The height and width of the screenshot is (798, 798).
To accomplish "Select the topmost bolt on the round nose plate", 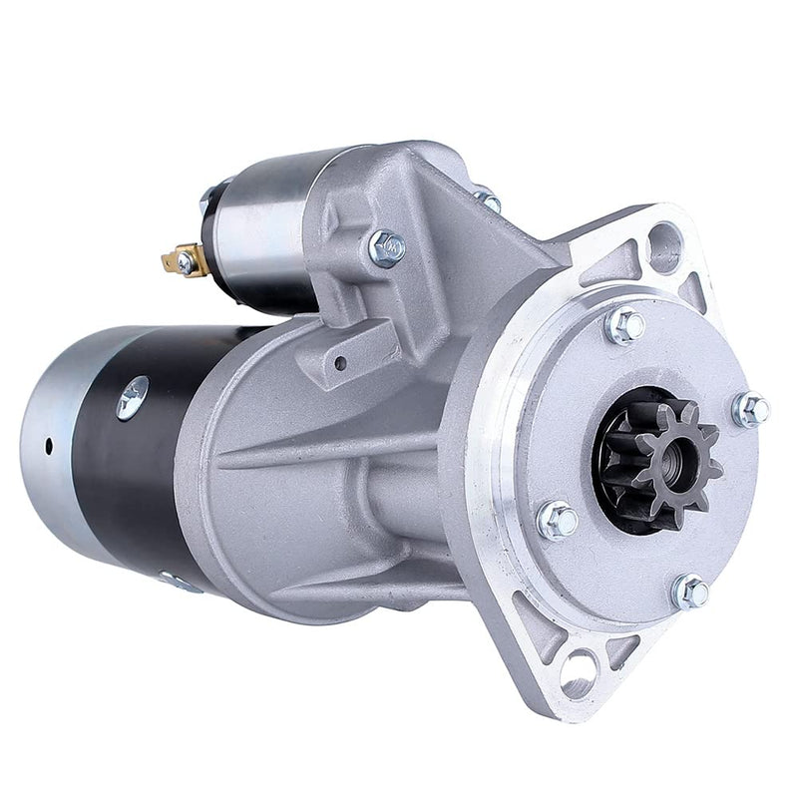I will (x=626, y=326).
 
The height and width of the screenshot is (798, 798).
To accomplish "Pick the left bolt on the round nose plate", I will (x=559, y=520).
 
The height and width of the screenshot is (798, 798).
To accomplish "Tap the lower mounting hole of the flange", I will (x=577, y=665).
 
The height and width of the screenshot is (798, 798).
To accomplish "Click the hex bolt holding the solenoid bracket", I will (x=386, y=246).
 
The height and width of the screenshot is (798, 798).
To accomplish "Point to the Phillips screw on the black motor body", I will (x=133, y=397).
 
